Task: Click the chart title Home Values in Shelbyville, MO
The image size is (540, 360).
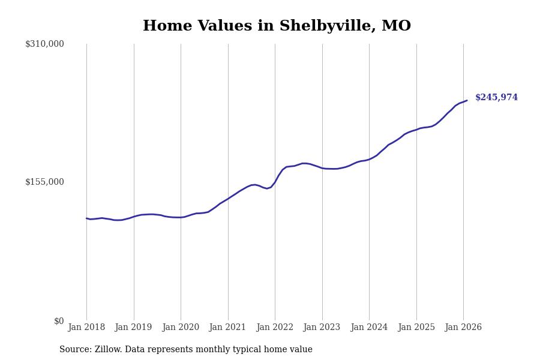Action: tap(277, 26)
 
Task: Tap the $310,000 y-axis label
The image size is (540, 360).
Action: tap(44, 44)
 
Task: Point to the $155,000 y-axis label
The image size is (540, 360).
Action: tap(44, 182)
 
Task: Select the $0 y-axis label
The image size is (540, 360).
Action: tap(59, 321)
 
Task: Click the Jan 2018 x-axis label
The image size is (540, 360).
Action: tap(86, 328)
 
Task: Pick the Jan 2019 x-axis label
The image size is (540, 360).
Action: tap(134, 328)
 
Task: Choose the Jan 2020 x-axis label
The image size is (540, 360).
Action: tap(181, 328)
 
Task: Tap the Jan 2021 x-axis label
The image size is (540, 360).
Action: tap(228, 328)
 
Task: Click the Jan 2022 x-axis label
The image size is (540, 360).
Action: tap(275, 328)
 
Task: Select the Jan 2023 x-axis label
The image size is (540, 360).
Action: tap(322, 328)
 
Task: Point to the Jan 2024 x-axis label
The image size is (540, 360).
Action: tap(369, 328)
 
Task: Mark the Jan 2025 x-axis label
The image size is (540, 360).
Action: tap(416, 328)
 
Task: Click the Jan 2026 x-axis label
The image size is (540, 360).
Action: tap(463, 328)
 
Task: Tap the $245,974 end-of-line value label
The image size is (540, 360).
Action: tap(496, 98)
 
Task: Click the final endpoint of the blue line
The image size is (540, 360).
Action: tap(467, 100)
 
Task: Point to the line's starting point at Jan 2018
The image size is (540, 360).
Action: tap(86, 218)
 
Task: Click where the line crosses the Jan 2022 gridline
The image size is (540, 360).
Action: tap(275, 182)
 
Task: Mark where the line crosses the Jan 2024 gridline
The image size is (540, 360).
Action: tap(369, 159)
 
